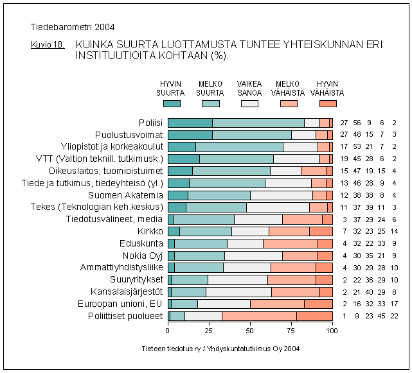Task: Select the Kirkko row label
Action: (x=150, y=231)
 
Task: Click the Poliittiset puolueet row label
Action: (x=126, y=316)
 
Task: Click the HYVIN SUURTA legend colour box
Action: (x=172, y=103)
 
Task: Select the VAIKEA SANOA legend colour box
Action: (x=249, y=103)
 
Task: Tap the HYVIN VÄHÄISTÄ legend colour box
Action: (x=328, y=103)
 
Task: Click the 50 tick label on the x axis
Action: (x=250, y=331)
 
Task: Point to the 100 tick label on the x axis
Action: (x=332, y=331)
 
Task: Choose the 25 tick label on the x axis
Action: (x=209, y=331)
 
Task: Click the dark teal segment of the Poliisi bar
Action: (x=190, y=123)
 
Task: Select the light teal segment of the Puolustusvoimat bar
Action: (x=252, y=135)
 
